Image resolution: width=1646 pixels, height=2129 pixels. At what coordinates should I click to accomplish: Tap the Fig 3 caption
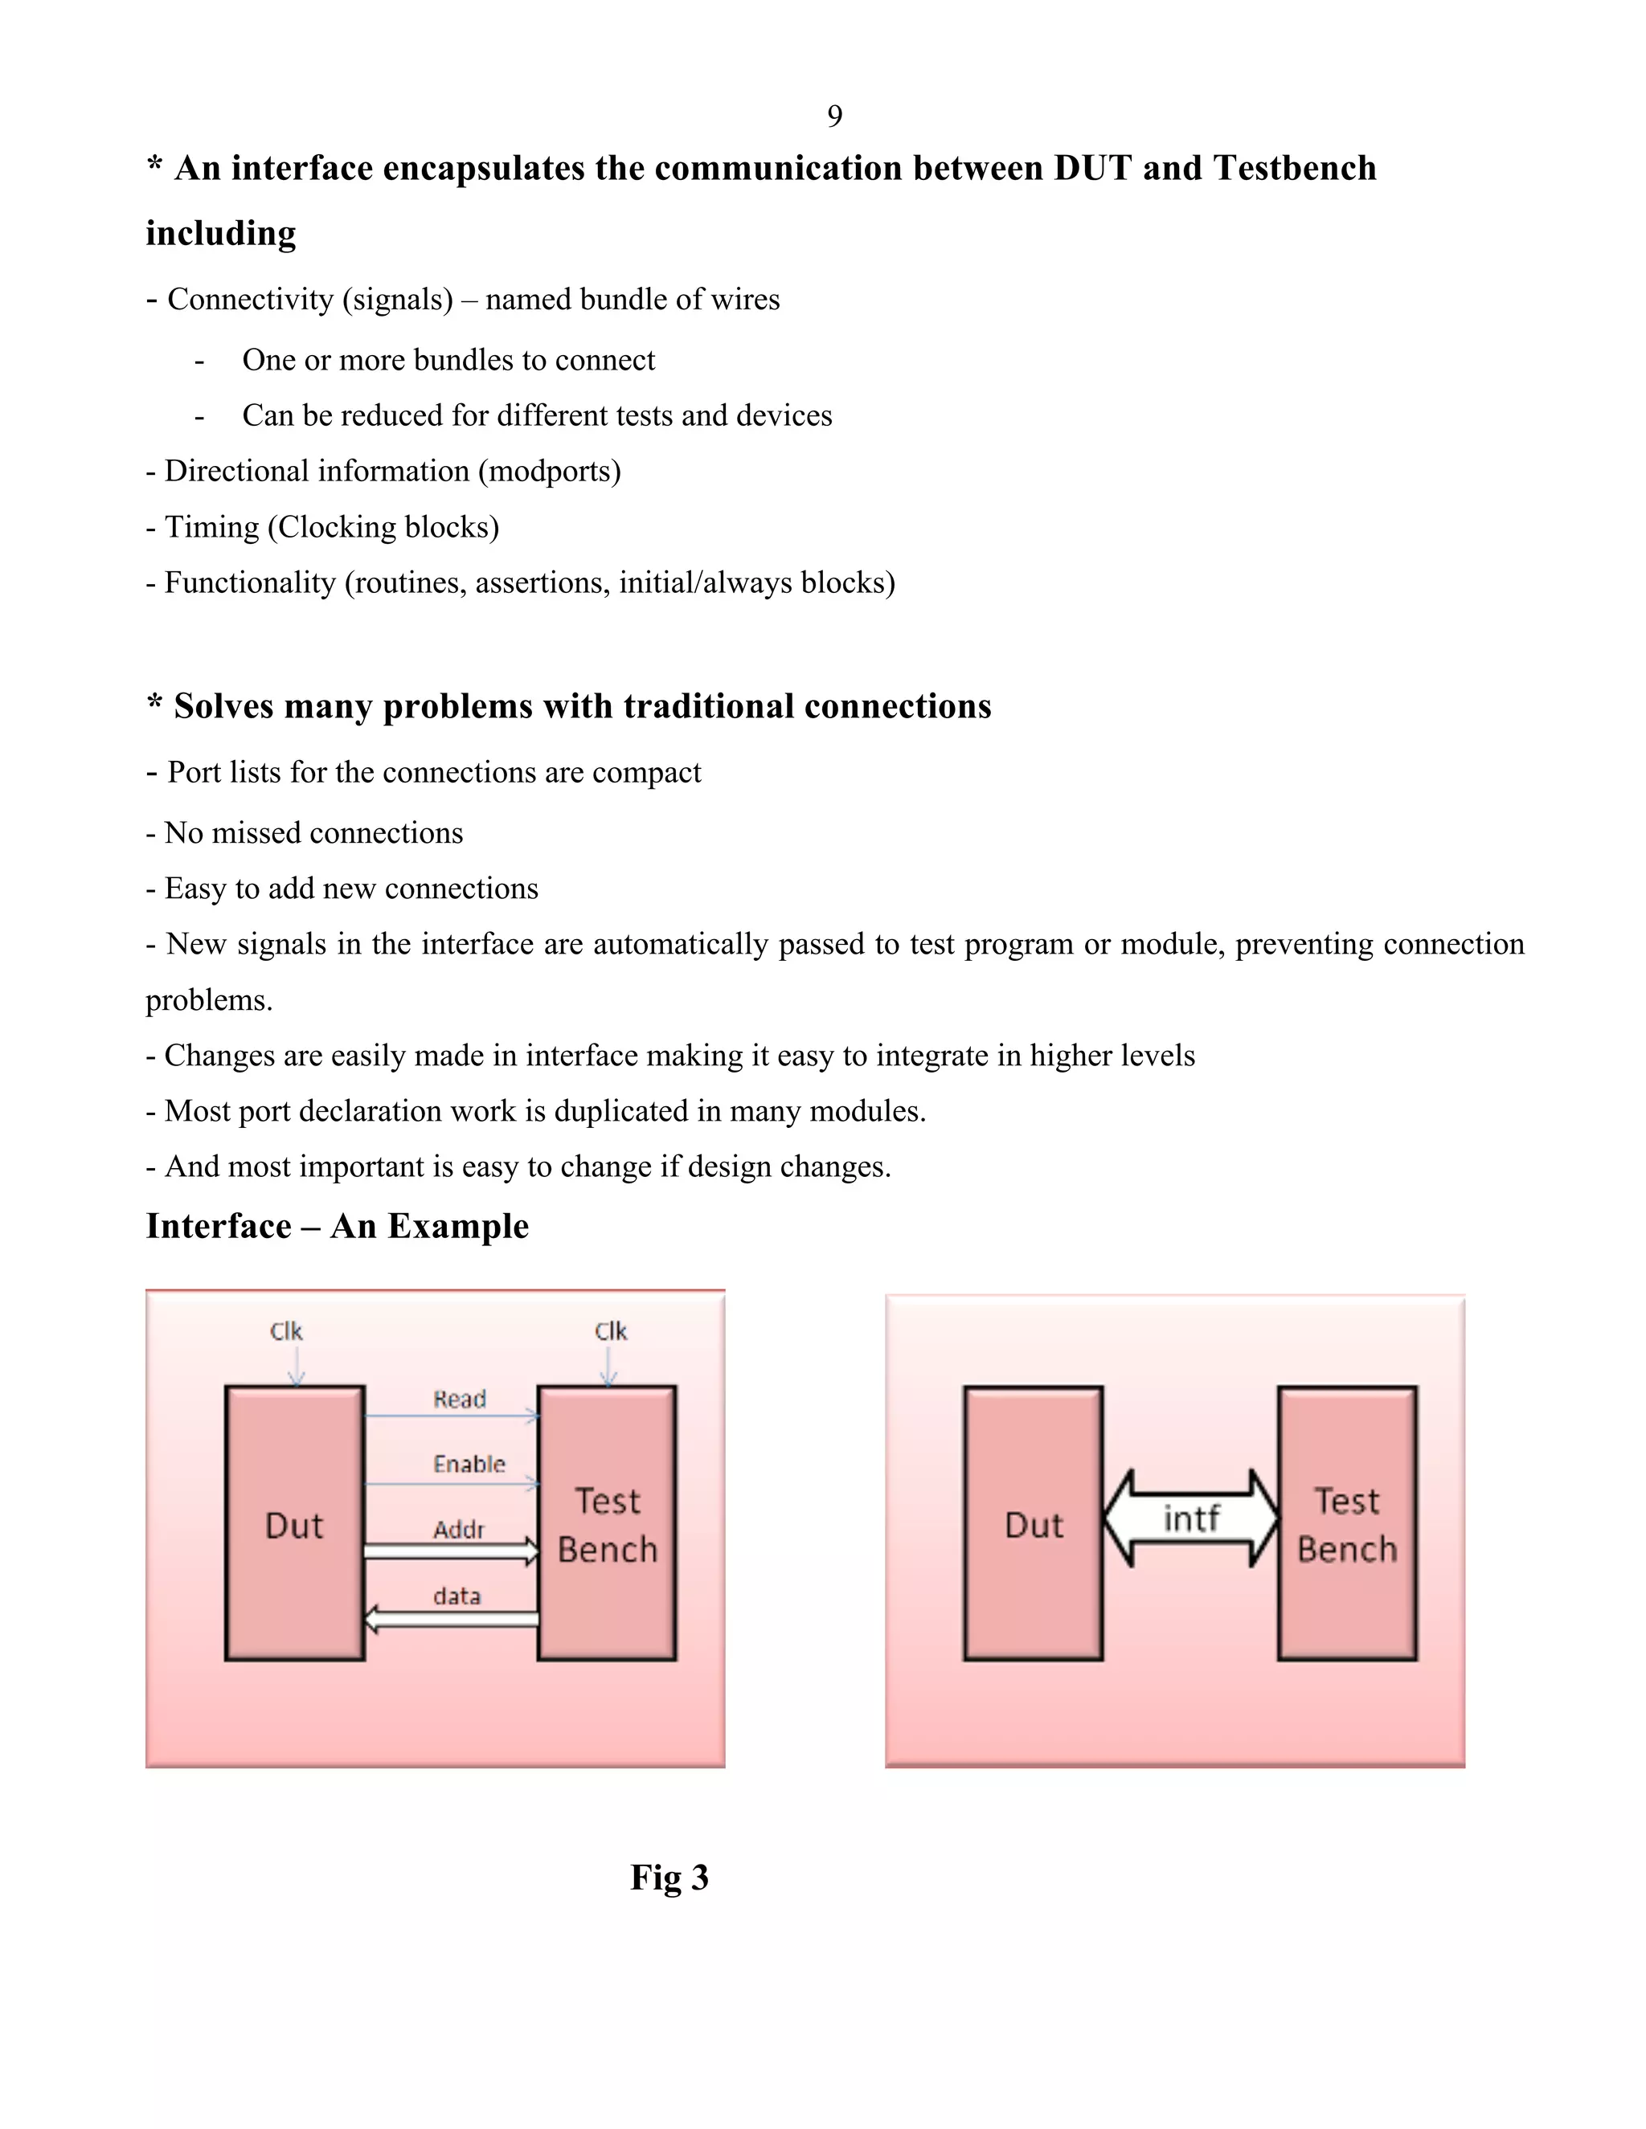[x=669, y=1877]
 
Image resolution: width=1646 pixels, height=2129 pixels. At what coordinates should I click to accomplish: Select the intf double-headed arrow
[x=1190, y=1518]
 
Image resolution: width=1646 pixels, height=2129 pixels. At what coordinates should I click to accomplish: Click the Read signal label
[x=459, y=1399]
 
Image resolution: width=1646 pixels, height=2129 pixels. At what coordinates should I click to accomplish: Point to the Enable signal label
[x=469, y=1463]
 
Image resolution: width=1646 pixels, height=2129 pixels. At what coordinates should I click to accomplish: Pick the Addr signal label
[x=458, y=1530]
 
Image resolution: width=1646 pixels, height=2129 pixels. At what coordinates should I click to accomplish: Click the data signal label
[x=457, y=1596]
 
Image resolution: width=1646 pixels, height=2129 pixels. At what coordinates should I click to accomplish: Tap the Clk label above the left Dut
[x=285, y=1331]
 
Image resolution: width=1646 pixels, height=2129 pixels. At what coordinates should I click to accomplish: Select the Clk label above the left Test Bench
[x=611, y=1331]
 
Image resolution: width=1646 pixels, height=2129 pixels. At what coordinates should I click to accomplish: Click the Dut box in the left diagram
[x=294, y=1522]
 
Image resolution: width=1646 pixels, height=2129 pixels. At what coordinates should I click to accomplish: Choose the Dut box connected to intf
[x=1033, y=1522]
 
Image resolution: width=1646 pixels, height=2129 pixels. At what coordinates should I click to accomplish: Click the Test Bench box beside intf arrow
[x=1347, y=1522]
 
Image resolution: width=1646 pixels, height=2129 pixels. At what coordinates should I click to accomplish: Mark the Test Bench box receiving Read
[x=607, y=1522]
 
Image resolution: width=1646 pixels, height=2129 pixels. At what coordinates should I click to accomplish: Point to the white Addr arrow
[x=451, y=1551]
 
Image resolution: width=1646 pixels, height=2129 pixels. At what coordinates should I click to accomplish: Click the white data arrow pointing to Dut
[x=451, y=1619]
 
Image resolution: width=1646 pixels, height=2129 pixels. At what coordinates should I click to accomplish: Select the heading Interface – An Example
[x=338, y=1225]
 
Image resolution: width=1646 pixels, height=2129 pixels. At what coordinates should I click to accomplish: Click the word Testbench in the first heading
[x=1294, y=168]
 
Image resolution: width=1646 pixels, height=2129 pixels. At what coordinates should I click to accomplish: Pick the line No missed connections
[x=305, y=832]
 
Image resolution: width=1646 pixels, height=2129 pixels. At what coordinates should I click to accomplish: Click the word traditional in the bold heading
[x=709, y=705]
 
